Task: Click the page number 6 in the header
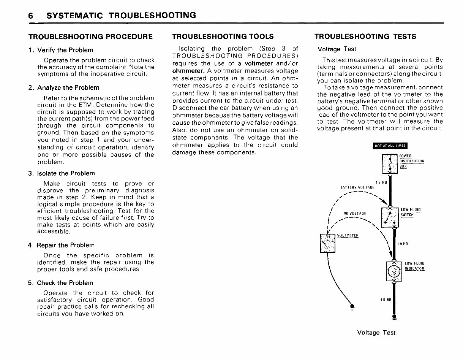(31, 16)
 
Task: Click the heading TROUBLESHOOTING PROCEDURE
(91, 37)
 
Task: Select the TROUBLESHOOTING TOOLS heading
(223, 36)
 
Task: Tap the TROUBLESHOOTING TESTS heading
(365, 36)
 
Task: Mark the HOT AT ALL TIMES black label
(390, 146)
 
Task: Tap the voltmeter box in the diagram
(327, 243)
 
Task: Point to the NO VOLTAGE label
(354, 214)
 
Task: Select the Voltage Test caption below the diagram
(376, 333)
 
